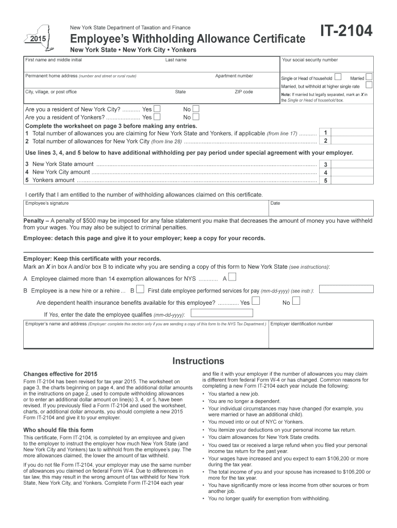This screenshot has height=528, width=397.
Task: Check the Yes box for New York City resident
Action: click(157, 109)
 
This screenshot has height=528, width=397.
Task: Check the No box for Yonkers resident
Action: click(196, 117)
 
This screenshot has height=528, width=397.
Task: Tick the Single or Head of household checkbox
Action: click(338, 77)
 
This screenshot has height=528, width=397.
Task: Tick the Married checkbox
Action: click(369, 77)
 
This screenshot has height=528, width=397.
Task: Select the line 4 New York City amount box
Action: click(325, 172)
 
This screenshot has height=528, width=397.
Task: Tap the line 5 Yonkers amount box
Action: click(325, 180)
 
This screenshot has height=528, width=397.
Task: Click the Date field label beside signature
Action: click(275, 203)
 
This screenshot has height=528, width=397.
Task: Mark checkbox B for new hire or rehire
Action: click(140, 290)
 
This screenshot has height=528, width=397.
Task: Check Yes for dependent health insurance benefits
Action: click(256, 302)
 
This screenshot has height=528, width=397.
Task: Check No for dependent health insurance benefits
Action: click(295, 302)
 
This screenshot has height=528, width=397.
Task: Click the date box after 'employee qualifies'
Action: click(222, 313)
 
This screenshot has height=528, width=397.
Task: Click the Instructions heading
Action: click(198, 361)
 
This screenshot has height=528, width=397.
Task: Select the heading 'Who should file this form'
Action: click(58, 430)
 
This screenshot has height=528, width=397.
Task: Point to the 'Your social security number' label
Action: click(310, 60)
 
